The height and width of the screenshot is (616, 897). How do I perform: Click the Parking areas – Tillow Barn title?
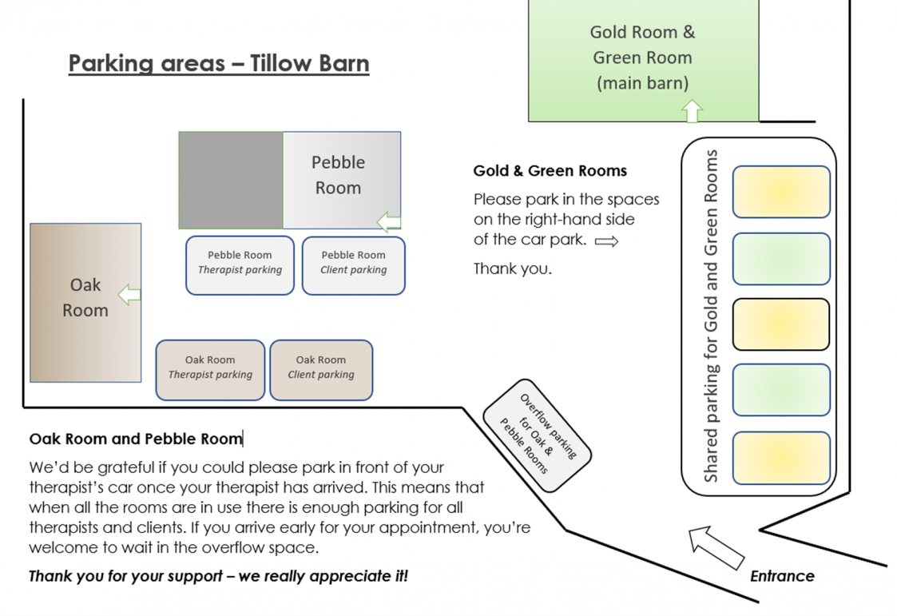click(x=219, y=63)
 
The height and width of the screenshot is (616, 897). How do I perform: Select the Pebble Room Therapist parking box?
click(x=240, y=265)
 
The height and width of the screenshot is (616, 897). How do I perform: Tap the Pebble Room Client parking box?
click(x=354, y=265)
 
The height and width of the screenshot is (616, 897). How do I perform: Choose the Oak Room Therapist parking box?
click(x=210, y=370)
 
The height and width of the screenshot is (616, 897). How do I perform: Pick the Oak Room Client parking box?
click(x=321, y=370)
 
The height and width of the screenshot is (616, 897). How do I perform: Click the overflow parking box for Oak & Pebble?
click(x=538, y=435)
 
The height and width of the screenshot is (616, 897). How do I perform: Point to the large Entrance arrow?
click(x=716, y=548)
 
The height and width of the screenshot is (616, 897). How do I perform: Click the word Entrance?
click(x=782, y=576)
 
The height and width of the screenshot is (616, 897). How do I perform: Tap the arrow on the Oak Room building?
click(x=129, y=295)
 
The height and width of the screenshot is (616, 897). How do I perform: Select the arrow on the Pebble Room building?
click(x=389, y=222)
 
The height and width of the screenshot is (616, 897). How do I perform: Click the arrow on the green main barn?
click(x=693, y=111)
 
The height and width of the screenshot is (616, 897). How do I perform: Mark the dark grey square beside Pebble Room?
click(x=231, y=181)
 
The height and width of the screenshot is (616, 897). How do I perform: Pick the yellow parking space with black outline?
click(x=781, y=324)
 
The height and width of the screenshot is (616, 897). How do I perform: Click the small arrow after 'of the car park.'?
click(x=607, y=242)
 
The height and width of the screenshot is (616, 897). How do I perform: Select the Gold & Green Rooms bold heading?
click(x=550, y=170)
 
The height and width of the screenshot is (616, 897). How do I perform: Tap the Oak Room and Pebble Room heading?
click(x=136, y=439)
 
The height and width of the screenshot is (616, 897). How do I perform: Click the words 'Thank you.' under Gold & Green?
click(x=513, y=268)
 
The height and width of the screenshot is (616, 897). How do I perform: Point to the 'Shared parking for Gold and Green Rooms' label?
click(x=710, y=316)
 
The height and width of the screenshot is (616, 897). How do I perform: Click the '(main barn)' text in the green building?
click(x=642, y=84)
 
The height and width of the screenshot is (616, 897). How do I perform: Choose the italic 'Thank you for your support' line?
click(x=219, y=576)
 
